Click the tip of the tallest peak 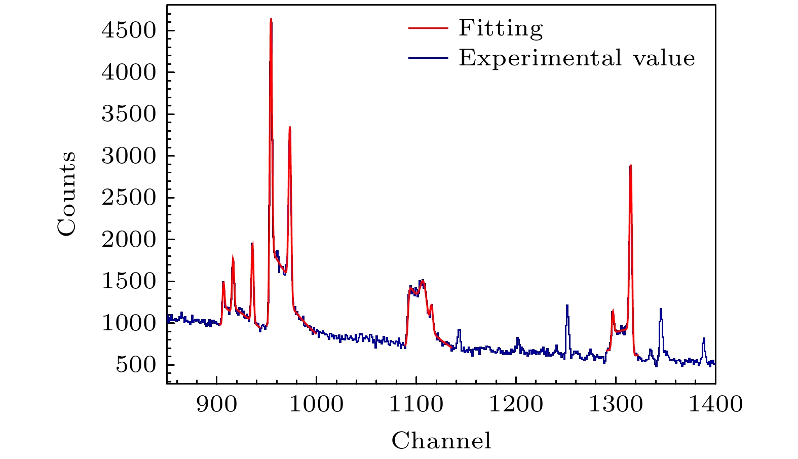[271, 20]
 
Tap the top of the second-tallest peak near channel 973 [290, 128]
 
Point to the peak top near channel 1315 [630, 166]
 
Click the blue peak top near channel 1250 [567, 305]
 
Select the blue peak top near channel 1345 [661, 309]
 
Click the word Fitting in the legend [501, 28]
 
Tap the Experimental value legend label [577, 58]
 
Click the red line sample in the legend [428, 28]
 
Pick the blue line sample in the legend [428, 58]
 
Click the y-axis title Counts [67, 194]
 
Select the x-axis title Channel [441, 441]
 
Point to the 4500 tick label [128, 30]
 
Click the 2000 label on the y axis [128, 239]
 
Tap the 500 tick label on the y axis [135, 365]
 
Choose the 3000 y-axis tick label [128, 156]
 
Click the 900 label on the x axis [216, 404]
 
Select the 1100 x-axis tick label [416, 404]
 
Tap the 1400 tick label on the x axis [715, 404]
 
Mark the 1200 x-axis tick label [516, 404]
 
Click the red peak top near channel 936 [252, 243]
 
